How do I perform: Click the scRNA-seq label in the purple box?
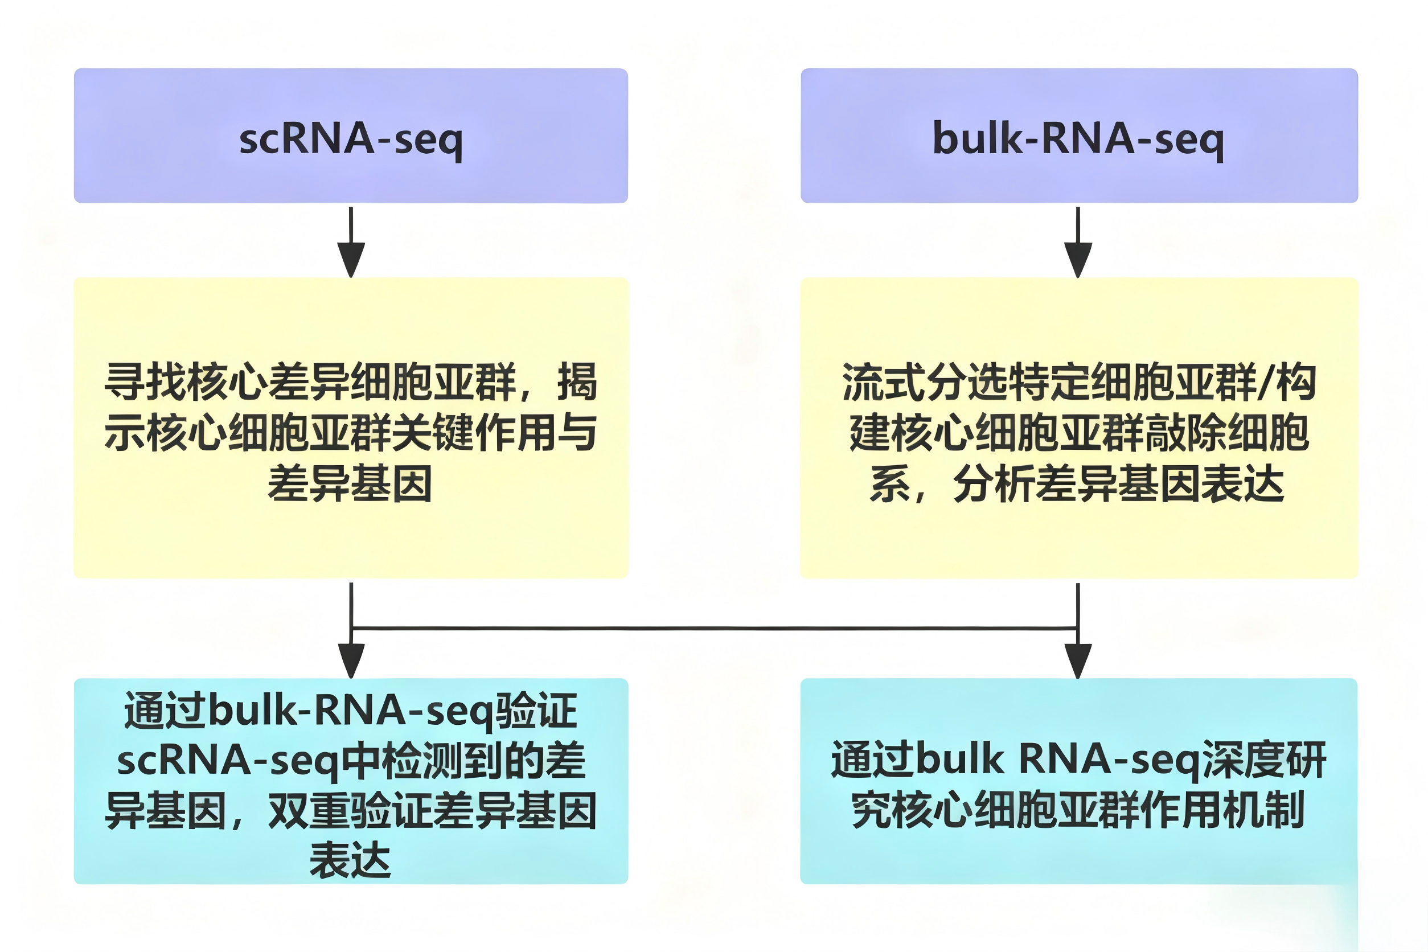[351, 139]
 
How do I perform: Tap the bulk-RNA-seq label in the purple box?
[1078, 139]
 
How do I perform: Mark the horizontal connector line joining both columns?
[714, 629]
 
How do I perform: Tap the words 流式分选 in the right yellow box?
[924, 383]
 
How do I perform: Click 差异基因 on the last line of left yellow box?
[350, 484]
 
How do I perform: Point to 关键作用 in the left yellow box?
[473, 433]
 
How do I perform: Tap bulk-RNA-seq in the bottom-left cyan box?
[351, 711]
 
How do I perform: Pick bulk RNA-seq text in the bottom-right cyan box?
[1058, 760]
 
